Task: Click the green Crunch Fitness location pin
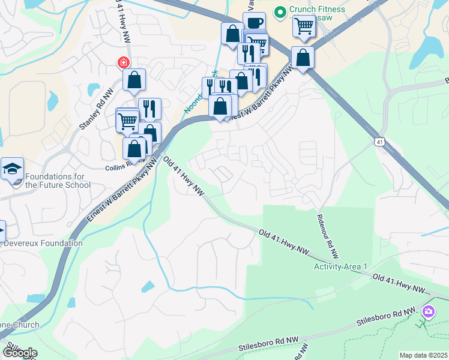279,11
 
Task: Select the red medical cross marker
123,62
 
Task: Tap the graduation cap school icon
11,169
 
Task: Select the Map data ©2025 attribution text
423,355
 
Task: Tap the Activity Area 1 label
340,266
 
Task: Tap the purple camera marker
428,311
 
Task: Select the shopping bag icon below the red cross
134,80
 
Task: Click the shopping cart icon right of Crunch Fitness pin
304,27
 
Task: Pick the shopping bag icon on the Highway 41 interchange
303,58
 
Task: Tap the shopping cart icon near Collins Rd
127,121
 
